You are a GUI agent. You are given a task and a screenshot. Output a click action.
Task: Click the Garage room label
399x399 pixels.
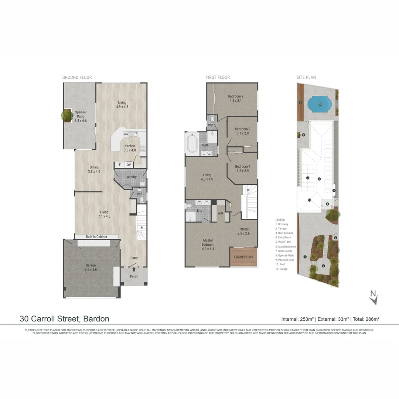pyautogui.click(x=91, y=267)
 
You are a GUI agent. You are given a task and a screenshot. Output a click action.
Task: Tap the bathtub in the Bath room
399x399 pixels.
pyautogui.click(x=192, y=144)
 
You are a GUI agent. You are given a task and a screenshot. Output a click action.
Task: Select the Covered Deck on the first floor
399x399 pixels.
pyautogui.click(x=243, y=257)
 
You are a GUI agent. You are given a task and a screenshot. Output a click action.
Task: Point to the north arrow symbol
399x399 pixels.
pyautogui.click(x=374, y=297)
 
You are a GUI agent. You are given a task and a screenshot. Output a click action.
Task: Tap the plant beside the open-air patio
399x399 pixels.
pyautogui.click(x=67, y=115)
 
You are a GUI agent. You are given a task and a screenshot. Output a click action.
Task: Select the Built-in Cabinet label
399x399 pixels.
pyautogui.click(x=96, y=236)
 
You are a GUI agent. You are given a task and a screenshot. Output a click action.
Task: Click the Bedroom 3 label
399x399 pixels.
pyautogui.click(x=243, y=131)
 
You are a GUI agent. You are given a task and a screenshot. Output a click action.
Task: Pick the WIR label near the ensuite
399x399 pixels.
pyautogui.click(x=221, y=213)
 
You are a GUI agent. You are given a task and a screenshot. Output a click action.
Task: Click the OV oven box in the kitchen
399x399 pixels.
pyautogui.click(x=129, y=165)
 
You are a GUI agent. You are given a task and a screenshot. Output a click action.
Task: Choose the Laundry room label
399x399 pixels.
pyautogui.click(x=131, y=177)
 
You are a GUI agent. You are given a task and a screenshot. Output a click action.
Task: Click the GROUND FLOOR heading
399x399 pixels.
pyautogui.click(x=77, y=77)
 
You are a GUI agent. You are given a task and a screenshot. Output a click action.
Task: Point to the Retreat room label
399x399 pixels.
pyautogui.click(x=243, y=231)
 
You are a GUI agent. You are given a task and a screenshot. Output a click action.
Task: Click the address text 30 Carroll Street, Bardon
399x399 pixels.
pyautogui.click(x=64, y=318)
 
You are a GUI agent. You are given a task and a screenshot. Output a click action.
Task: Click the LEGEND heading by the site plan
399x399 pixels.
pyautogui.click(x=280, y=220)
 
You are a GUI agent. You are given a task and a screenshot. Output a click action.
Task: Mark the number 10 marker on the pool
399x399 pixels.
pyautogui.click(x=320, y=104)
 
